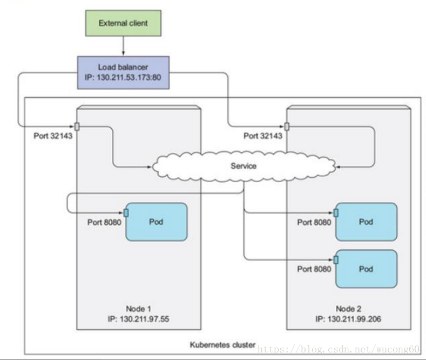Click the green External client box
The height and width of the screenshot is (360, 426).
123,23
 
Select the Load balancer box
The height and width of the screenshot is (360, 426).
123,72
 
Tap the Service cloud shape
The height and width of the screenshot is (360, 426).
243,166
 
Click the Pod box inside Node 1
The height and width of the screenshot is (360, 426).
157,222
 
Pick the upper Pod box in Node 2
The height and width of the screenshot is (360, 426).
366,222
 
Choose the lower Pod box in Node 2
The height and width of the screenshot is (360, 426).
366,269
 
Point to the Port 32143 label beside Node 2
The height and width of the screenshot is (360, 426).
262,136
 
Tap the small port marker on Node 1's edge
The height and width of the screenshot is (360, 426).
77,126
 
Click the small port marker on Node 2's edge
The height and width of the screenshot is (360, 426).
287,126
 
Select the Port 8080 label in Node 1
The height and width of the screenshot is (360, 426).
104,222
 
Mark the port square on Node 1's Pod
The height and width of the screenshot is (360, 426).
126,212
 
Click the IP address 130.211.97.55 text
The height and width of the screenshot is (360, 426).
138,319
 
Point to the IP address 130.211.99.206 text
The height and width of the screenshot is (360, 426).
348,319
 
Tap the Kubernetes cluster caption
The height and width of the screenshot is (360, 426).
222,345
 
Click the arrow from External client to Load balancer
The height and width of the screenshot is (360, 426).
123,46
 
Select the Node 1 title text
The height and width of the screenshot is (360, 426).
138,309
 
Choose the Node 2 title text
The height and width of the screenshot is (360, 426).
348,309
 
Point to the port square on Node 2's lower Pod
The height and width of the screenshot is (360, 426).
336,260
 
